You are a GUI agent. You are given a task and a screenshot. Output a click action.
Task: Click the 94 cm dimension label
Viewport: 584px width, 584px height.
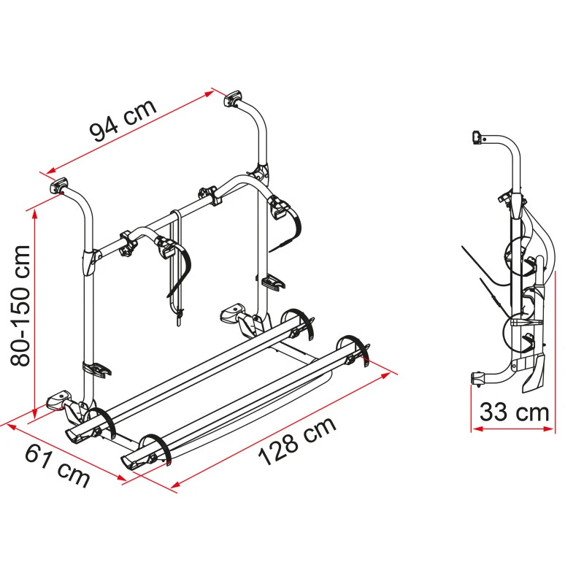point(123,120)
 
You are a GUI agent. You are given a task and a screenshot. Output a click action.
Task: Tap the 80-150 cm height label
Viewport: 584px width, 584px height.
point(20,306)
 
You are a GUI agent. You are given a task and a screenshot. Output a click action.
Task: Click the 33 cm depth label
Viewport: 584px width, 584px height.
point(515,412)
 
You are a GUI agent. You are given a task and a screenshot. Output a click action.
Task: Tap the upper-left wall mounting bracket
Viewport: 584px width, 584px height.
point(59,185)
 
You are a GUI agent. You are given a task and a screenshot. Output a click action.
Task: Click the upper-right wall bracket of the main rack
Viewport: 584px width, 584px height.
point(233,99)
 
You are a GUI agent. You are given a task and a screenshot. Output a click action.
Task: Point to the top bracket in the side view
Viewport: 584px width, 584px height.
point(478,137)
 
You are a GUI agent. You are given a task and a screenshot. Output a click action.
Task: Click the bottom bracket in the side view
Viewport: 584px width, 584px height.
point(478,378)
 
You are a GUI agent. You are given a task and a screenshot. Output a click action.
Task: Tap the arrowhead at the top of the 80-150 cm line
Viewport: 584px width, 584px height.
point(35,214)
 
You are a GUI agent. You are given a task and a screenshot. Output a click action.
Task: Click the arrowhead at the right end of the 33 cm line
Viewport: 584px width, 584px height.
point(549,429)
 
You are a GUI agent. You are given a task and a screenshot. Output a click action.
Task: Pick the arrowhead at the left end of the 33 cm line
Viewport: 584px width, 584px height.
point(477,429)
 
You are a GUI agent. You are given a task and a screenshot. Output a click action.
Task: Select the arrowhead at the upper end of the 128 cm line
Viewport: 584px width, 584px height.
point(385,375)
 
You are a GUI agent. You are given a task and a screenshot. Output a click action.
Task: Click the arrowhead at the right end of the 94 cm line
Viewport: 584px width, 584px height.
point(209,93)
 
